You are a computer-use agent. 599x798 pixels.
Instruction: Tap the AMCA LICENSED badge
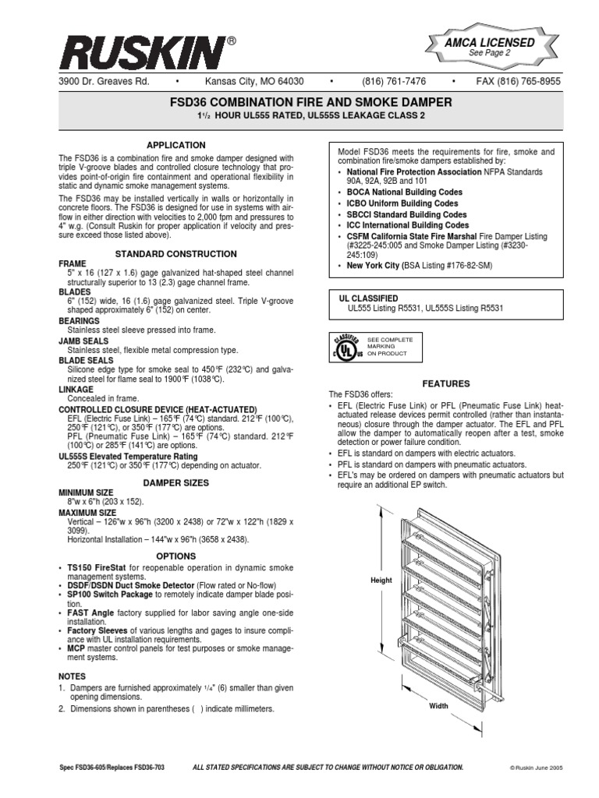tap(490, 46)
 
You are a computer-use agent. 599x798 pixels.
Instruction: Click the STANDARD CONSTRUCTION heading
tap(176, 254)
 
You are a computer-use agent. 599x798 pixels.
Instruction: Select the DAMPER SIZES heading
tap(176, 483)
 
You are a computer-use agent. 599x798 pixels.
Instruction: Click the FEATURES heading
tap(446, 384)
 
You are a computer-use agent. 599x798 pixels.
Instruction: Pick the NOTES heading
tap(73, 676)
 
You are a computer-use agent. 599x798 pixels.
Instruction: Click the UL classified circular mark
tap(347, 346)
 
